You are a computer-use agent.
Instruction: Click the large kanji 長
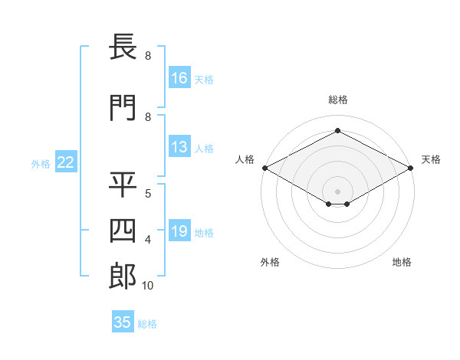point(123,47)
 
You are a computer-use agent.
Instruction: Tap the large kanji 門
point(123,108)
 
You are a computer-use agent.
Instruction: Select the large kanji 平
point(123,185)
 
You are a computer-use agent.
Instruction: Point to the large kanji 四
point(123,231)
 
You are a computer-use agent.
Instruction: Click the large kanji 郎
point(123,277)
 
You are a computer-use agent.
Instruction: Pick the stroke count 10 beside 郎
point(147,286)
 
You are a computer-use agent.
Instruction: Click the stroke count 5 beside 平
point(148,194)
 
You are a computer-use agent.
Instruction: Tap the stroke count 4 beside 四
point(148,240)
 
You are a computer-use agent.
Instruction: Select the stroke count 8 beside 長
point(148,56)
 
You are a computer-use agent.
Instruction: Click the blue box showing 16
point(179,77)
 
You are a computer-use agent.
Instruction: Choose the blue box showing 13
point(179,146)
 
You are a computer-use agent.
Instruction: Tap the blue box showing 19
point(179,230)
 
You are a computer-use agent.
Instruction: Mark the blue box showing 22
point(66,162)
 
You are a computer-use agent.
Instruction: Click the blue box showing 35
point(123,321)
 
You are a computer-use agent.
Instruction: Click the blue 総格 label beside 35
point(147,324)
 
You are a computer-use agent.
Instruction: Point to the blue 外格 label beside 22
point(41,164)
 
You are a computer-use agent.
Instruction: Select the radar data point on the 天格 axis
point(411,168)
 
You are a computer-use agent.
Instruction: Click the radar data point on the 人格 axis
point(265,168)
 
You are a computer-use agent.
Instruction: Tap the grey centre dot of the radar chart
point(337,191)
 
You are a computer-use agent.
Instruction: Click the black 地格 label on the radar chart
point(402,262)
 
